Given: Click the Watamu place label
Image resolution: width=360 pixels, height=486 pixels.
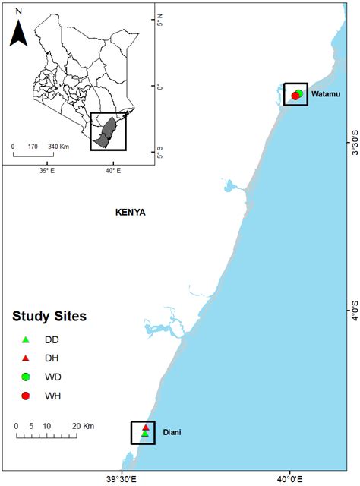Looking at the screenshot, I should tap(324, 93).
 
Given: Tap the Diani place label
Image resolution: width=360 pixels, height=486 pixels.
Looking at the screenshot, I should tap(171, 433).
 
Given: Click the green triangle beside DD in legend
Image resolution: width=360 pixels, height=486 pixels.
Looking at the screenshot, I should tap(25, 339).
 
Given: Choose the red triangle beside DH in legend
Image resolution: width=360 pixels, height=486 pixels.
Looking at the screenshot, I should tap(25, 358).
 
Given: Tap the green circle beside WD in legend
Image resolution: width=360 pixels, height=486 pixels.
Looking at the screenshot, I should tap(25, 377).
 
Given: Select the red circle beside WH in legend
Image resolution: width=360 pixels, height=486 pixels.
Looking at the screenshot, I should tap(25, 396).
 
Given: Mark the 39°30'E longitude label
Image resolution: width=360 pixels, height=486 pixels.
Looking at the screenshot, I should tap(122, 478).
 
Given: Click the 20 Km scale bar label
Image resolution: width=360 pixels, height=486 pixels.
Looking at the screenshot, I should tap(83, 425).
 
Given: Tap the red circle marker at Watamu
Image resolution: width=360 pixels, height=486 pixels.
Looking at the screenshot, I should tap(295, 96).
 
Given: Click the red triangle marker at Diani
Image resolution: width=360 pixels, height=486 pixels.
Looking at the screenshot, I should tap(145, 428).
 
